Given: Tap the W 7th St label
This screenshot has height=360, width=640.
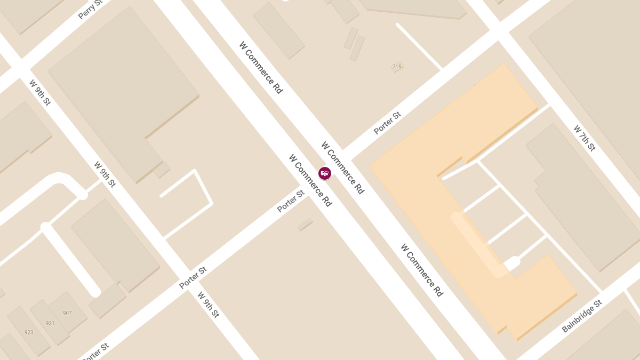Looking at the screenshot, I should click(x=584, y=138).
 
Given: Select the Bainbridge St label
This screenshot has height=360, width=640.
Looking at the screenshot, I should click(x=582, y=316).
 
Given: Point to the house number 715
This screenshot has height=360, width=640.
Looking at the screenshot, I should click(x=397, y=67).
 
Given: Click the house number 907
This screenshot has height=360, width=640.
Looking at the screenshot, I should click(x=67, y=313).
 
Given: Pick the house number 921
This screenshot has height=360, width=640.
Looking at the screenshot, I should click(x=50, y=323).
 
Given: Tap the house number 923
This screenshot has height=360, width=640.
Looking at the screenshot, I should click(x=29, y=332).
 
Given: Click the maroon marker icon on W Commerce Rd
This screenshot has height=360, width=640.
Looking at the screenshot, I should click(x=325, y=173).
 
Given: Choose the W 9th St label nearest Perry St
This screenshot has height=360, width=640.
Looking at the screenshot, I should click(x=40, y=92).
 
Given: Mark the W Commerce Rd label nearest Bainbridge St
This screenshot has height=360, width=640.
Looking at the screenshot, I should click(x=422, y=270).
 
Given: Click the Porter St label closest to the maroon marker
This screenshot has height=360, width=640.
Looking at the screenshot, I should click(x=291, y=201).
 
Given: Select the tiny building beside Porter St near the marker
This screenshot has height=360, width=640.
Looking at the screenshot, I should click(x=305, y=225).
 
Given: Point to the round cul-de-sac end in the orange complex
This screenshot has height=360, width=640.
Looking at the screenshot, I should click(x=512, y=262).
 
